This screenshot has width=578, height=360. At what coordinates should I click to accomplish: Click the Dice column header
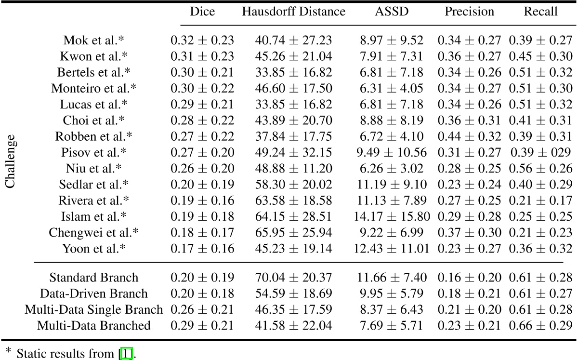(202, 12)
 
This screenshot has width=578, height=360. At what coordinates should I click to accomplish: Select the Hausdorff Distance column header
(293, 12)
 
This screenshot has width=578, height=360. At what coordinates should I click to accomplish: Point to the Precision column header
(469, 12)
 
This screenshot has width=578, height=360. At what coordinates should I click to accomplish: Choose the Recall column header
(540, 12)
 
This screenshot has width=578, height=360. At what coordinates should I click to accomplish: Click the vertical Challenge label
(11, 162)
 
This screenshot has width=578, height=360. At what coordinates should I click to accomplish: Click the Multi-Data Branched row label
(94, 326)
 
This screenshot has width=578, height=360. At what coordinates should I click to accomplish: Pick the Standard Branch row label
(94, 278)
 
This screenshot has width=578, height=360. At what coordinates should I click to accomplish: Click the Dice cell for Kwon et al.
(202, 56)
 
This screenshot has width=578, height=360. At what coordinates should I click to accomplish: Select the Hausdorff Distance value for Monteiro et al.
(293, 88)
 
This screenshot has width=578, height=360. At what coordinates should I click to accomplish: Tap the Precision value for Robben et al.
(469, 136)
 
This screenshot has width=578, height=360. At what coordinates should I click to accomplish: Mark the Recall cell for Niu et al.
(540, 169)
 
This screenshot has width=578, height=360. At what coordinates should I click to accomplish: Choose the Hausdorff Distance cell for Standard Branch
(293, 278)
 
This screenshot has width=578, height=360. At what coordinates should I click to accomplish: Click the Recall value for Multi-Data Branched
(540, 326)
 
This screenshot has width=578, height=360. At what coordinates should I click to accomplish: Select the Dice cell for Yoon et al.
(202, 249)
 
